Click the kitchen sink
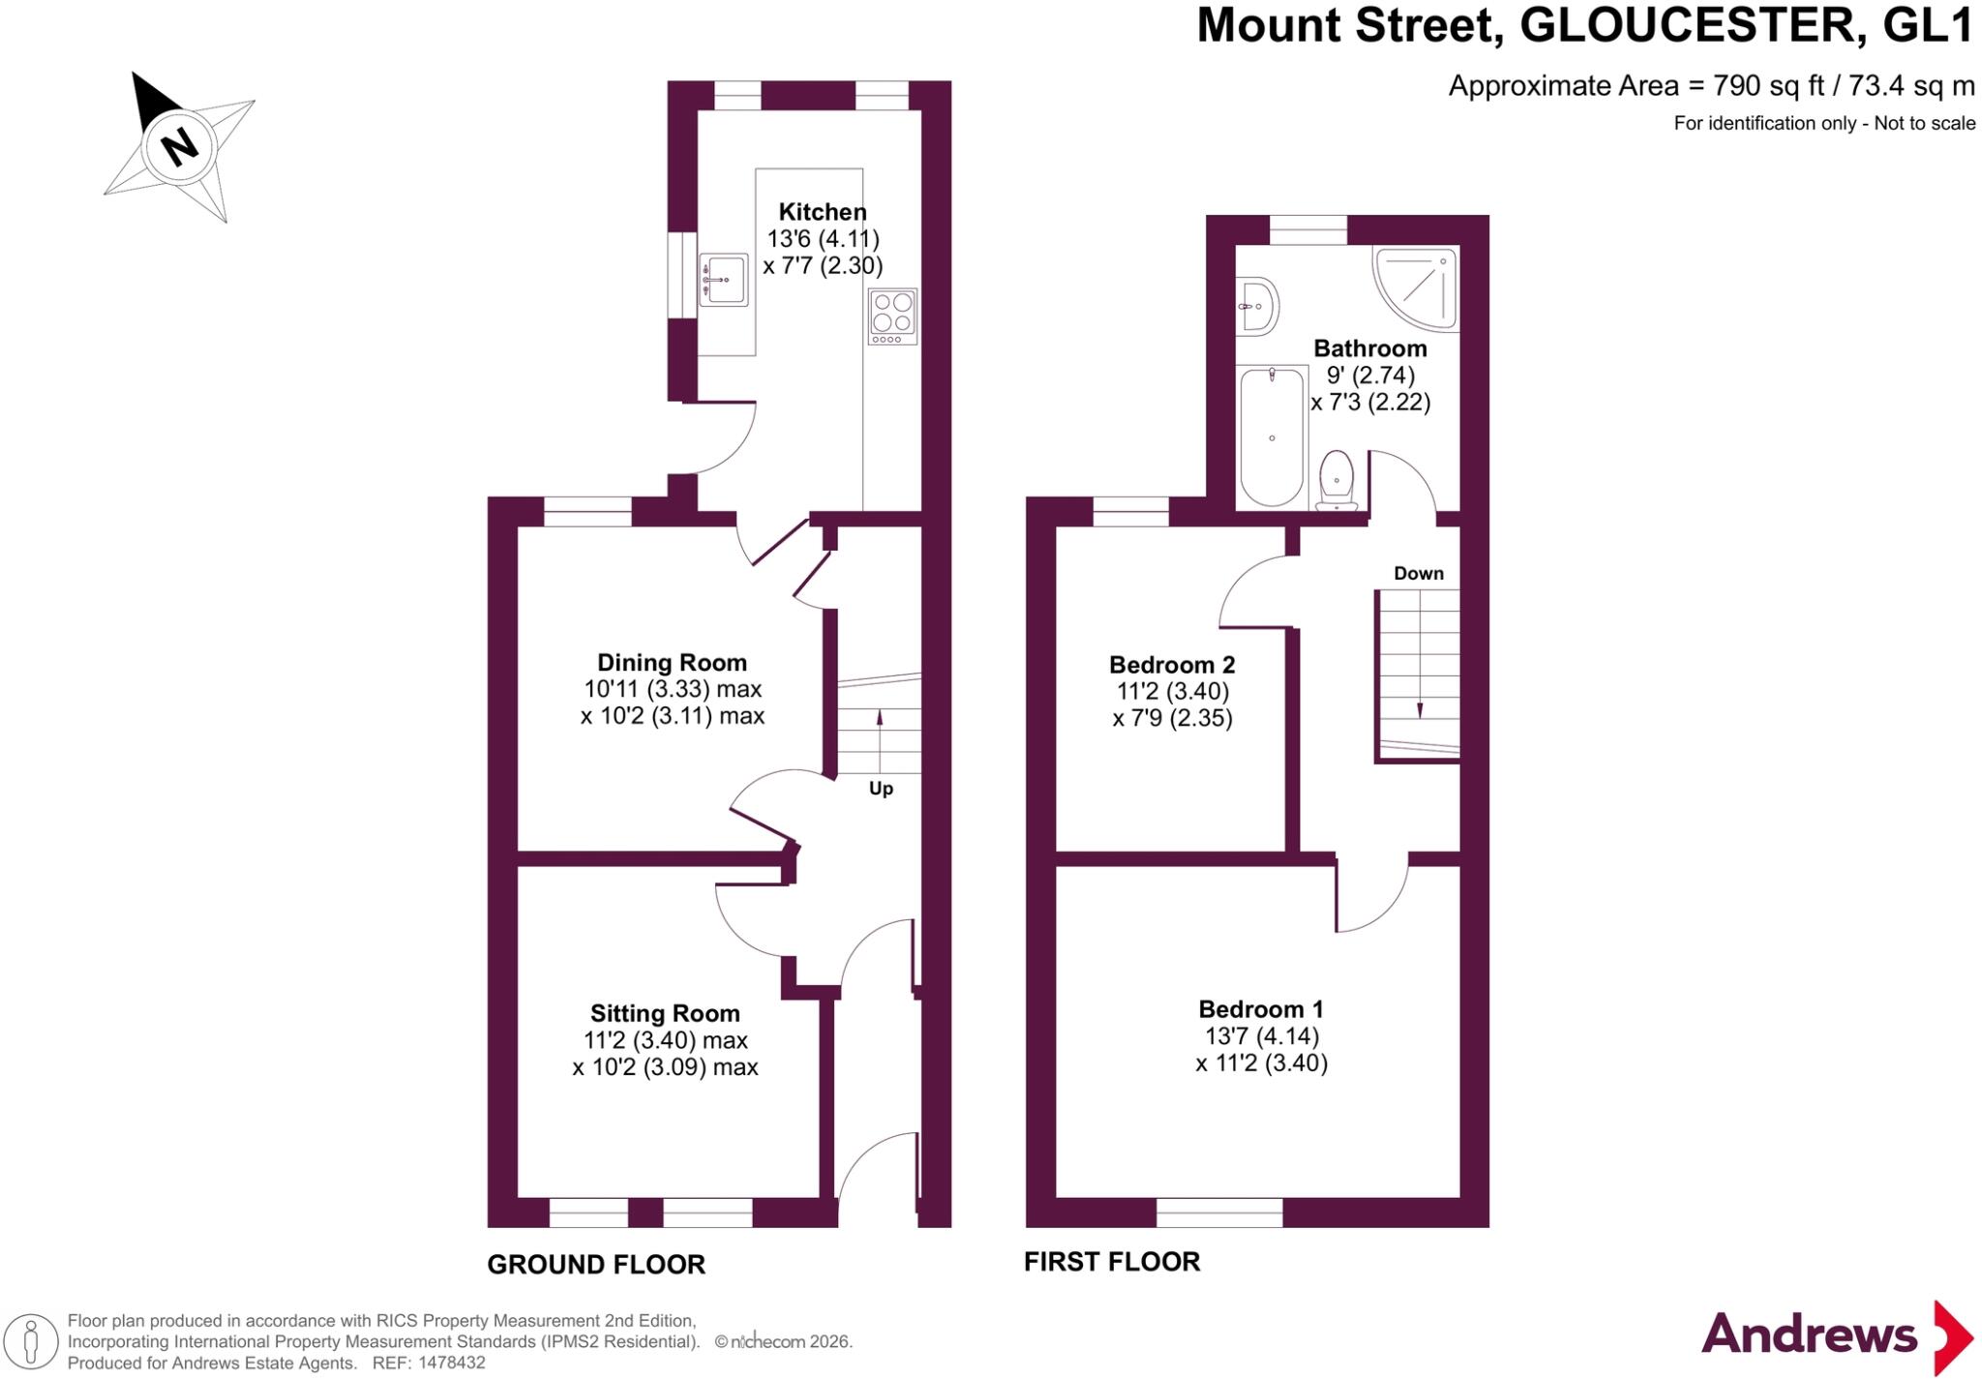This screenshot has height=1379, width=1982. [x=723, y=280]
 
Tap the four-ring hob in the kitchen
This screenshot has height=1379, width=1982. [x=892, y=315]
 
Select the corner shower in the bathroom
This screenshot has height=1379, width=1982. [x=1416, y=287]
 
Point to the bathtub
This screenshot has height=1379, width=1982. [x=1272, y=436]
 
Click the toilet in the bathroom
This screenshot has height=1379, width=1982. [x=1336, y=479]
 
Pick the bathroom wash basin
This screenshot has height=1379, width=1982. [x=1257, y=306]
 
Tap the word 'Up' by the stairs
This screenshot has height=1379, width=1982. [x=881, y=789]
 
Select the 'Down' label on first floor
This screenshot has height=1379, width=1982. [x=1419, y=574]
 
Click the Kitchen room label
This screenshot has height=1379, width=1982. [x=823, y=212]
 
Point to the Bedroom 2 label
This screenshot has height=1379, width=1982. [x=1172, y=665]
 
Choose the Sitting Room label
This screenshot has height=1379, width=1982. [x=665, y=1013]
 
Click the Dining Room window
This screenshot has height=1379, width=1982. [x=587, y=511]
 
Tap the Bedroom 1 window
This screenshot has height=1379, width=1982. [x=1219, y=1213]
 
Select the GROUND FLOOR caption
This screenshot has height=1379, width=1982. [x=596, y=1265]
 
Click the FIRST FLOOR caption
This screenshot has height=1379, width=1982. [x=1112, y=1262]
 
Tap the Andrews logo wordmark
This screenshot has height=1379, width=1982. [x=1809, y=1335]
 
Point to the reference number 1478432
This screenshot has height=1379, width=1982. [x=451, y=1363]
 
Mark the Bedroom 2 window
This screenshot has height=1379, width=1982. [x=1130, y=511]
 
